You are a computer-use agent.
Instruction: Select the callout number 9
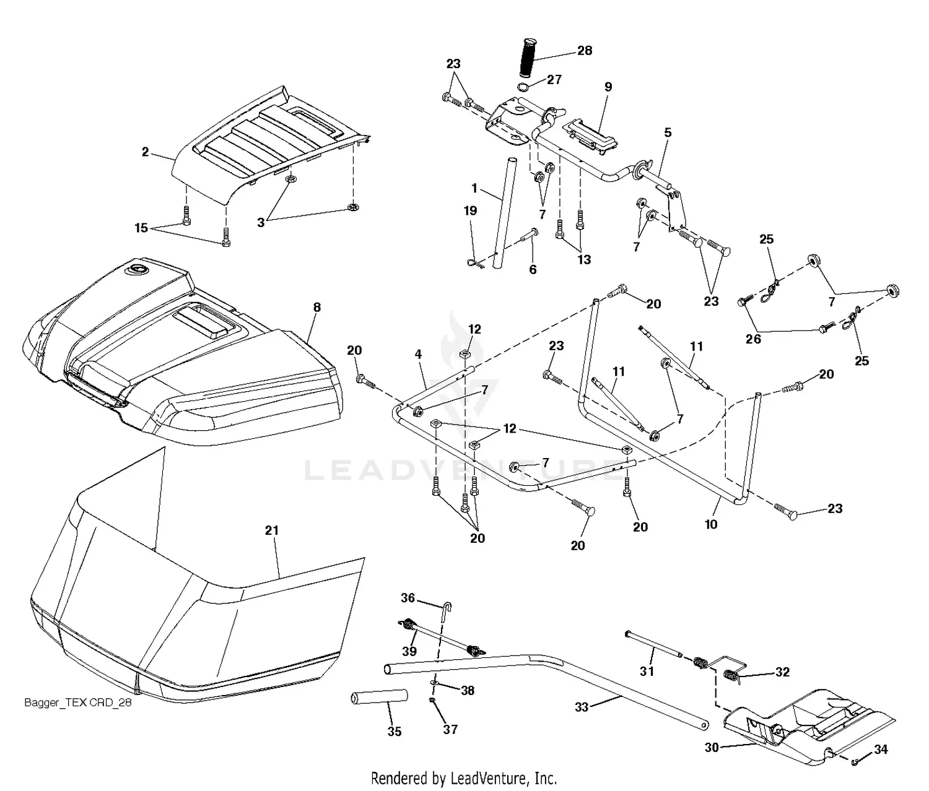click(608, 87)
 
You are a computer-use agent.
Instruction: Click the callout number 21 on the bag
click(272, 530)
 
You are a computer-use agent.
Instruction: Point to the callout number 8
click(316, 307)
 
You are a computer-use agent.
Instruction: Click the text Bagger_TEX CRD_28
click(77, 702)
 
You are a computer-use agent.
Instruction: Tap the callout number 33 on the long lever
click(581, 707)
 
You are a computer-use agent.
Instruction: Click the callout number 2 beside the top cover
click(145, 152)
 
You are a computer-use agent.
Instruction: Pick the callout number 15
click(141, 228)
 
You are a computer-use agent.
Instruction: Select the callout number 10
click(711, 524)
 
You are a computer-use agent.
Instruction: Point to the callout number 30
click(712, 748)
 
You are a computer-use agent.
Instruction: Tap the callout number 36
click(408, 597)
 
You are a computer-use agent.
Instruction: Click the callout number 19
click(471, 210)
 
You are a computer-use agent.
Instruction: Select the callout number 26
click(753, 339)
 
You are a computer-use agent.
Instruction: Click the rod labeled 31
click(653, 644)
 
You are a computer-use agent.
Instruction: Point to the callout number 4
click(419, 354)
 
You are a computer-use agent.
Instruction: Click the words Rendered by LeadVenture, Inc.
click(464, 777)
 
